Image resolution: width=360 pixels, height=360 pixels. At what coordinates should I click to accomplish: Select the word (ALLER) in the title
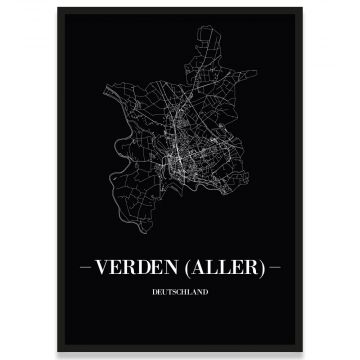(x=227, y=269)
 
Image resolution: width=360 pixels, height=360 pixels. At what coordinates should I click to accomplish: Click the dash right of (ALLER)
(x=273, y=270)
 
